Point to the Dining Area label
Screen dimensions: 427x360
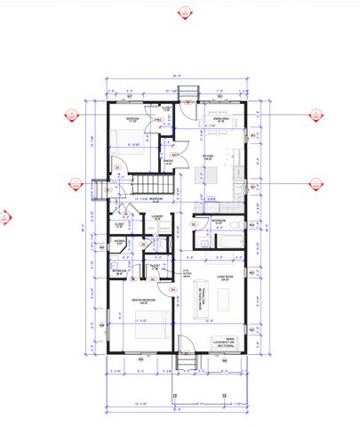tap(221, 117)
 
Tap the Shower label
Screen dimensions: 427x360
tap(120, 241)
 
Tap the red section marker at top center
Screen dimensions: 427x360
tap(185, 12)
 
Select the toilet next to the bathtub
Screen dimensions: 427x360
tap(205, 240)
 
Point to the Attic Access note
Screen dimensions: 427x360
tap(187, 274)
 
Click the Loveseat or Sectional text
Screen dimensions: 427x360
tap(222, 342)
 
